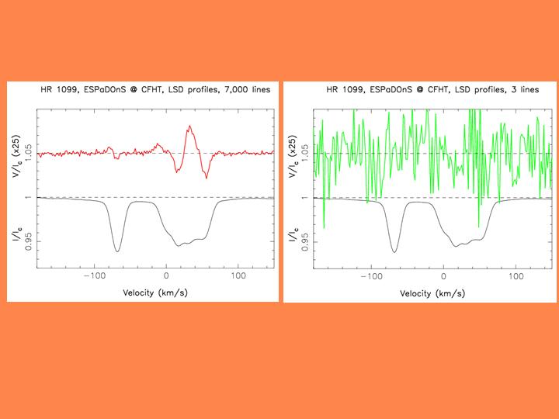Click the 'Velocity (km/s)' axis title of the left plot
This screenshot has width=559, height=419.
tap(155, 293)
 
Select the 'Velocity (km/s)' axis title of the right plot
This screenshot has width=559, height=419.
tap(432, 293)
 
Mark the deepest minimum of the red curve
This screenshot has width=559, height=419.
tap(207, 178)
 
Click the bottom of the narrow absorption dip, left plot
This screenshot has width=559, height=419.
tap(117, 251)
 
